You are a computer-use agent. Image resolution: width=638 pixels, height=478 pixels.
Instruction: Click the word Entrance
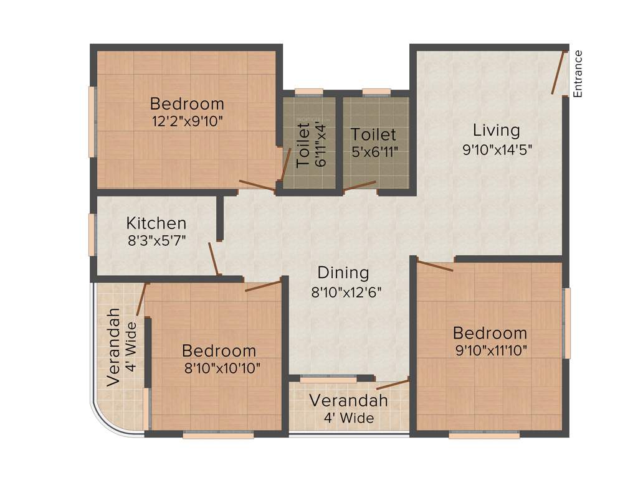point(578,73)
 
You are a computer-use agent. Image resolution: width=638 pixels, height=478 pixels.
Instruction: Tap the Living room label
point(496,131)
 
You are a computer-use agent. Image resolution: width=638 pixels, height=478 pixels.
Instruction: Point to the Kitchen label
point(156,223)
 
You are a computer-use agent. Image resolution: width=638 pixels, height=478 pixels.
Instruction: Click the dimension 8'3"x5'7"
point(157,240)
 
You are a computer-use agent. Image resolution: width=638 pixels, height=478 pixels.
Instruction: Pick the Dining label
point(343,273)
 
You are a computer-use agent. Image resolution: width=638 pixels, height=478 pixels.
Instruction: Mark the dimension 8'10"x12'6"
point(346,291)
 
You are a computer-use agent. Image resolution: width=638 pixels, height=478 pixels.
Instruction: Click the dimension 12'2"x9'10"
point(187,121)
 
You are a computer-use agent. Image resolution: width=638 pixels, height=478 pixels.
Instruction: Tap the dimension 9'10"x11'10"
point(492,350)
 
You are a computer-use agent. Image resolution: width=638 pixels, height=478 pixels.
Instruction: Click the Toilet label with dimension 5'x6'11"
point(373,134)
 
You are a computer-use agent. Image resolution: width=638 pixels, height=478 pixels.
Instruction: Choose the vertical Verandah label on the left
point(113,347)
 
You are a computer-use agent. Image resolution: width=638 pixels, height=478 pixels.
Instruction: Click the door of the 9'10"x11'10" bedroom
point(435,266)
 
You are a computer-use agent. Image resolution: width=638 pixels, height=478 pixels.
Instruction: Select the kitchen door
point(214,259)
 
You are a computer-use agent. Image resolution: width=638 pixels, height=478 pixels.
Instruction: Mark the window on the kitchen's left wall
point(92,234)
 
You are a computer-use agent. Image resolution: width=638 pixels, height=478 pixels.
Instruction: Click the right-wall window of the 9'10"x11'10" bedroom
point(567,322)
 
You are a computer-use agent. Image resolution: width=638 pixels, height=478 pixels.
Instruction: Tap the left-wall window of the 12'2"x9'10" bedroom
point(92,121)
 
